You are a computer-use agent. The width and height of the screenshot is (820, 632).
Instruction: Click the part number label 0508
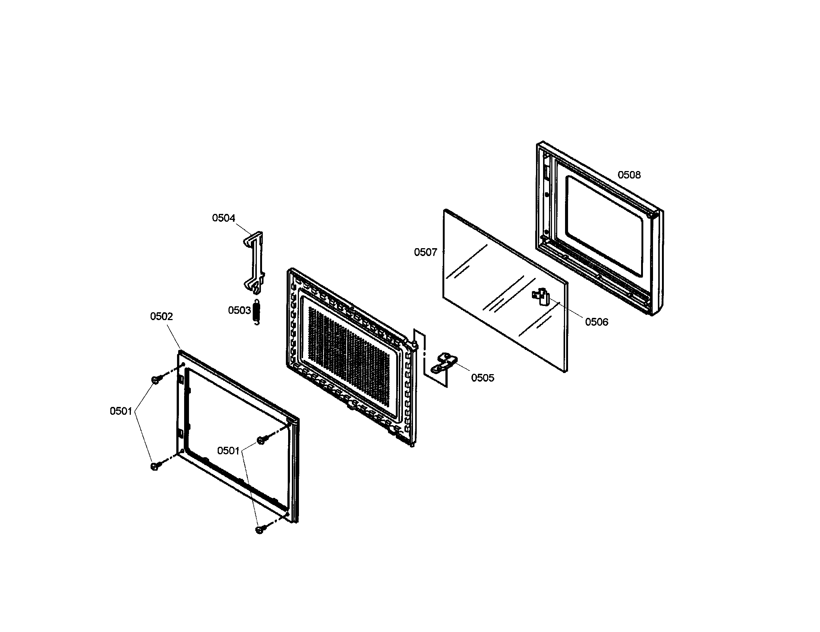click(x=629, y=175)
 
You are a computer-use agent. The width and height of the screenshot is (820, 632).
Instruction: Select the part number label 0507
click(x=425, y=252)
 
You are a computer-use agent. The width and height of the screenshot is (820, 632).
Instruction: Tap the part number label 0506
click(x=597, y=322)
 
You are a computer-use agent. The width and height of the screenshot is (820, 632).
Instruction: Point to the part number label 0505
click(x=482, y=378)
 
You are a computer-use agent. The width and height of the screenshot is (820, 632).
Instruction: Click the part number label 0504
click(x=223, y=218)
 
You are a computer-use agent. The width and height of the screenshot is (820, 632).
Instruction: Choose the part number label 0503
click(x=239, y=310)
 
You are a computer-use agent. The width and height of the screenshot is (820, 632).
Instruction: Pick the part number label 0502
click(x=161, y=316)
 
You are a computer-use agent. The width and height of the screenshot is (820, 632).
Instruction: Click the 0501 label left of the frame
click(x=121, y=411)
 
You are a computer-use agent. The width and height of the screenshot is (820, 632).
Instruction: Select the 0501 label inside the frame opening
click(x=228, y=451)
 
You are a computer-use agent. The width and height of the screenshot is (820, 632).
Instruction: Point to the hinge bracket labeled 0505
click(x=444, y=363)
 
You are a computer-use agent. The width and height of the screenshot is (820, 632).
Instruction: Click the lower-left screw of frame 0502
click(x=154, y=466)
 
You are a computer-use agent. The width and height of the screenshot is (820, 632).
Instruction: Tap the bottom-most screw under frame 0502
click(x=260, y=530)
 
